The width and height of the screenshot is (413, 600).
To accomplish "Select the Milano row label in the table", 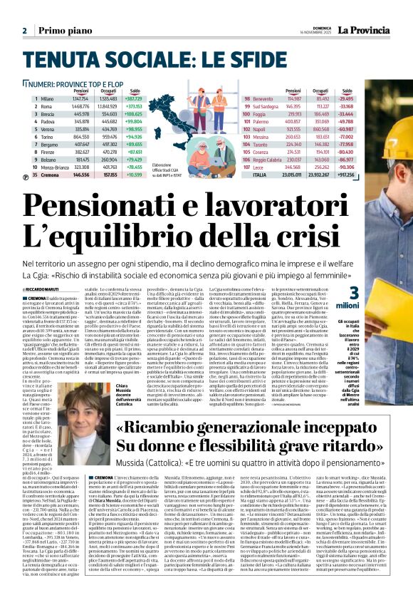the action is point(48,98).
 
